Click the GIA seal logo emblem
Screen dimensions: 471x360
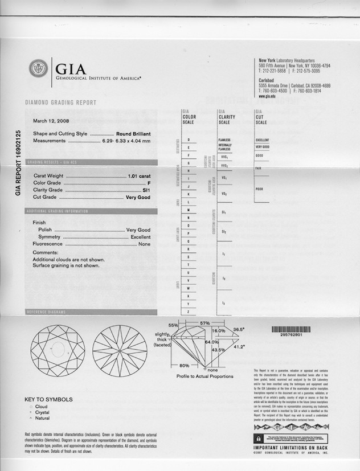coord(39,69)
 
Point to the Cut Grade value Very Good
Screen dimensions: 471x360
coord(138,197)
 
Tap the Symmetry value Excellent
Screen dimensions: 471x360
coord(141,237)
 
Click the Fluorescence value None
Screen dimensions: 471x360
coord(145,244)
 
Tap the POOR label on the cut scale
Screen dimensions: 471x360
coord(259,189)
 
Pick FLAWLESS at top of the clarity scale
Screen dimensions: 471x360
coord(224,140)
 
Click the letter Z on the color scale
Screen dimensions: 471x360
coord(189,312)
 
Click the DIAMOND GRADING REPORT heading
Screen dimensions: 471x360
coord(60,103)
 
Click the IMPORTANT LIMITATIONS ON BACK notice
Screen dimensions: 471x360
coord(291,448)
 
